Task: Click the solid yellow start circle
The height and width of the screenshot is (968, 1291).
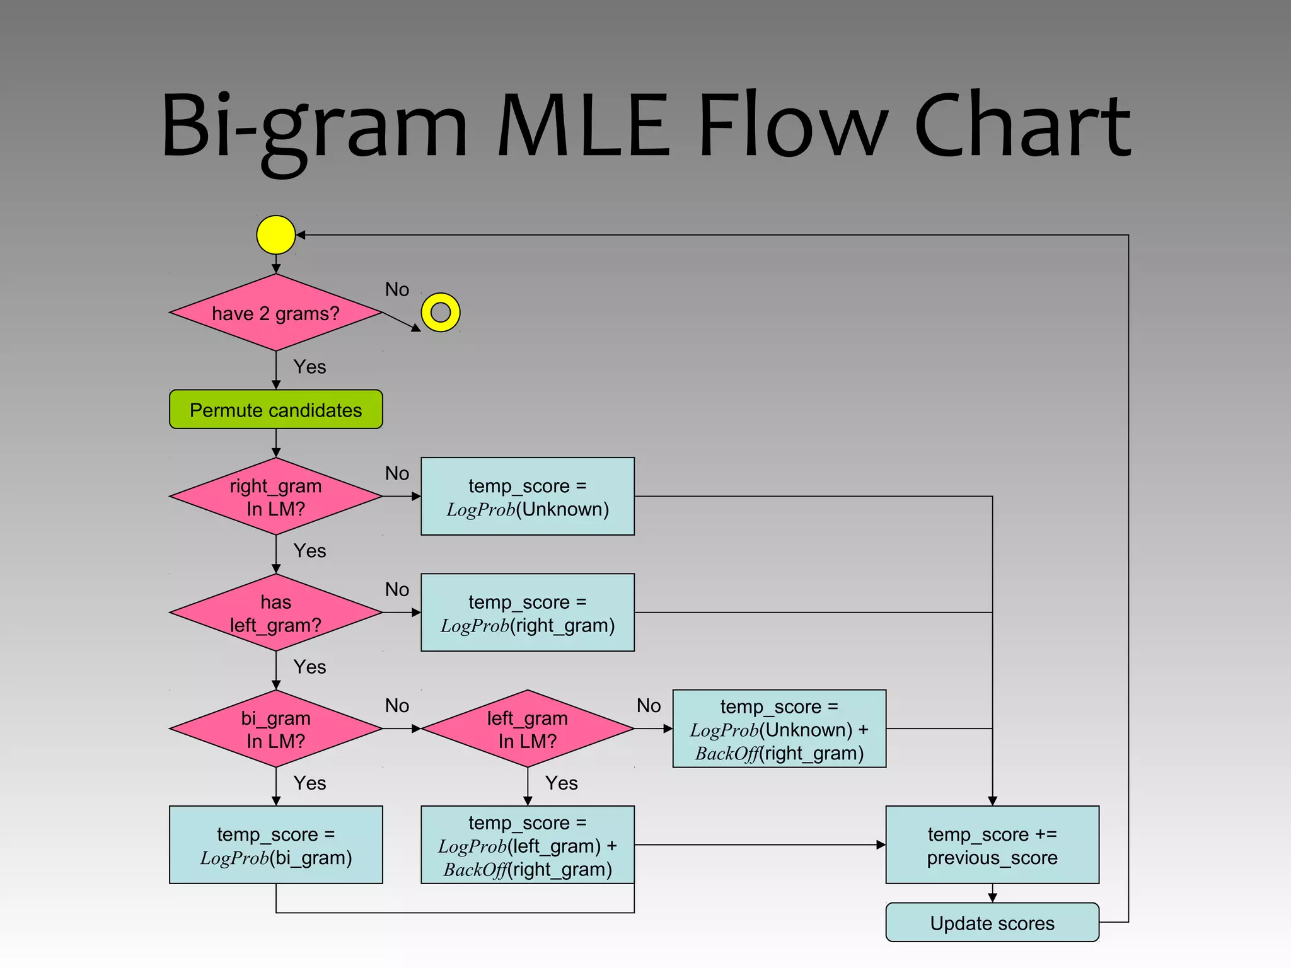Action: click(x=275, y=235)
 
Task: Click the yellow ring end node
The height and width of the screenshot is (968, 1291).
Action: click(x=440, y=313)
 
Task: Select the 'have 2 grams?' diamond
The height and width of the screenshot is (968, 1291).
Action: click(x=275, y=313)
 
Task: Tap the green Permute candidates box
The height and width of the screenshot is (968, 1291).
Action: click(x=275, y=410)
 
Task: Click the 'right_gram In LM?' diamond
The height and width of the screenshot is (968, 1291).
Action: click(x=275, y=497)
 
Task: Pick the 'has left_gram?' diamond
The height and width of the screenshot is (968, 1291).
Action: click(x=275, y=613)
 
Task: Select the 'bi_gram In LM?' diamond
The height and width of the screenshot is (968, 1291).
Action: click(x=275, y=729)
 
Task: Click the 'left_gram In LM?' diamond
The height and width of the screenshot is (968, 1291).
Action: click(x=527, y=729)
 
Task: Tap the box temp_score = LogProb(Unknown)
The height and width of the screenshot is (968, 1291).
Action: click(x=527, y=497)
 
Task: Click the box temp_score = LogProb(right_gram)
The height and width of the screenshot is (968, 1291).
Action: click(x=527, y=613)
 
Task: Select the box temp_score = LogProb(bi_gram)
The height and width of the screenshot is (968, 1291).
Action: click(x=275, y=844)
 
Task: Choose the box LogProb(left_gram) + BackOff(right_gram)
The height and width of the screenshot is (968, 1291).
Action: click(x=527, y=844)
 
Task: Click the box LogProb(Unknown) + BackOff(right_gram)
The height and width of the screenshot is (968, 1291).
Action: click(x=779, y=729)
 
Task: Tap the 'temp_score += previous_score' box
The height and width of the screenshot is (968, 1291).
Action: click(x=992, y=844)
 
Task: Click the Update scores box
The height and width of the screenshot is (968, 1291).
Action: click(x=992, y=923)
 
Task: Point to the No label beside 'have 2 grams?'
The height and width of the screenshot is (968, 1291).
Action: click(x=397, y=289)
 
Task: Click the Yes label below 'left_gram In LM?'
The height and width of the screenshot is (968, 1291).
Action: click(x=561, y=783)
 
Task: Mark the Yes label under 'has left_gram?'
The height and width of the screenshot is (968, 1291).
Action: click(x=310, y=667)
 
